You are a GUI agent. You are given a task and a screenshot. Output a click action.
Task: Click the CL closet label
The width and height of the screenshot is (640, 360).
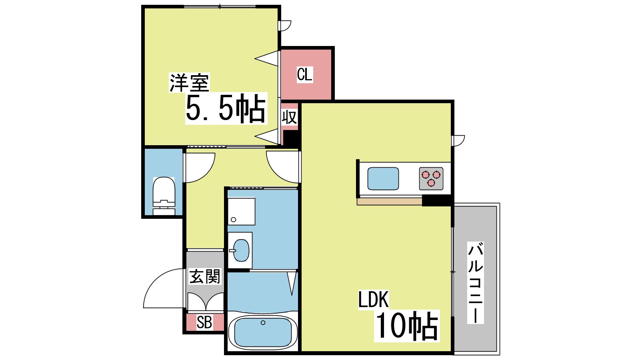(x=304, y=74)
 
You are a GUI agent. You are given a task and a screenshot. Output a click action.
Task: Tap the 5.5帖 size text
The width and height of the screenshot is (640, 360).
(x=226, y=109)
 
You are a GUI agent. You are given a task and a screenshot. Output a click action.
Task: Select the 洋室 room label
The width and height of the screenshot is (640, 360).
(x=189, y=83)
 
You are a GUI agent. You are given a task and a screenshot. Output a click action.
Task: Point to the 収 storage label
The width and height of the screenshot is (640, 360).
(x=290, y=117)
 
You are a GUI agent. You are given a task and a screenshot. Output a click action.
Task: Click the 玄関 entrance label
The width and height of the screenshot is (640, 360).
(x=205, y=276)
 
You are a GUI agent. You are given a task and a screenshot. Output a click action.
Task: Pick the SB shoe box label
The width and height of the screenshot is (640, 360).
(x=204, y=322)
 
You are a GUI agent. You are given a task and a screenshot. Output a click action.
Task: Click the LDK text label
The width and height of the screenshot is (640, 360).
(x=373, y=299)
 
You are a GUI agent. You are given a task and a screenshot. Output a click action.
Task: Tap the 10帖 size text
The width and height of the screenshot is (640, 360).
(x=406, y=326)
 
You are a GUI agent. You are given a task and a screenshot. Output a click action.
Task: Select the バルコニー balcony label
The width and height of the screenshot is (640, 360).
(x=476, y=282)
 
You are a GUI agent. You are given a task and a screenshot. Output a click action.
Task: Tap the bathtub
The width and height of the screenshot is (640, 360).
(x=263, y=332)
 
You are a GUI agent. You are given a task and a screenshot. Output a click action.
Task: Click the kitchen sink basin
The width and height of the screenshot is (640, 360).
(x=383, y=178)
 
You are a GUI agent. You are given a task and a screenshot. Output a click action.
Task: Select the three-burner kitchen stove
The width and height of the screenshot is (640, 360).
(x=431, y=178)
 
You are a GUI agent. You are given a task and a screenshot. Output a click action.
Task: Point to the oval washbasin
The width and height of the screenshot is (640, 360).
(x=241, y=250)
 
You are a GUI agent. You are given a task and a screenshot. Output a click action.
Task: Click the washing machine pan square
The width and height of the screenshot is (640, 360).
(x=241, y=211)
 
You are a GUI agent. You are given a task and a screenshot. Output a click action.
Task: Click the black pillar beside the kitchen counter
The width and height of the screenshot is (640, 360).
(x=437, y=200)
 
